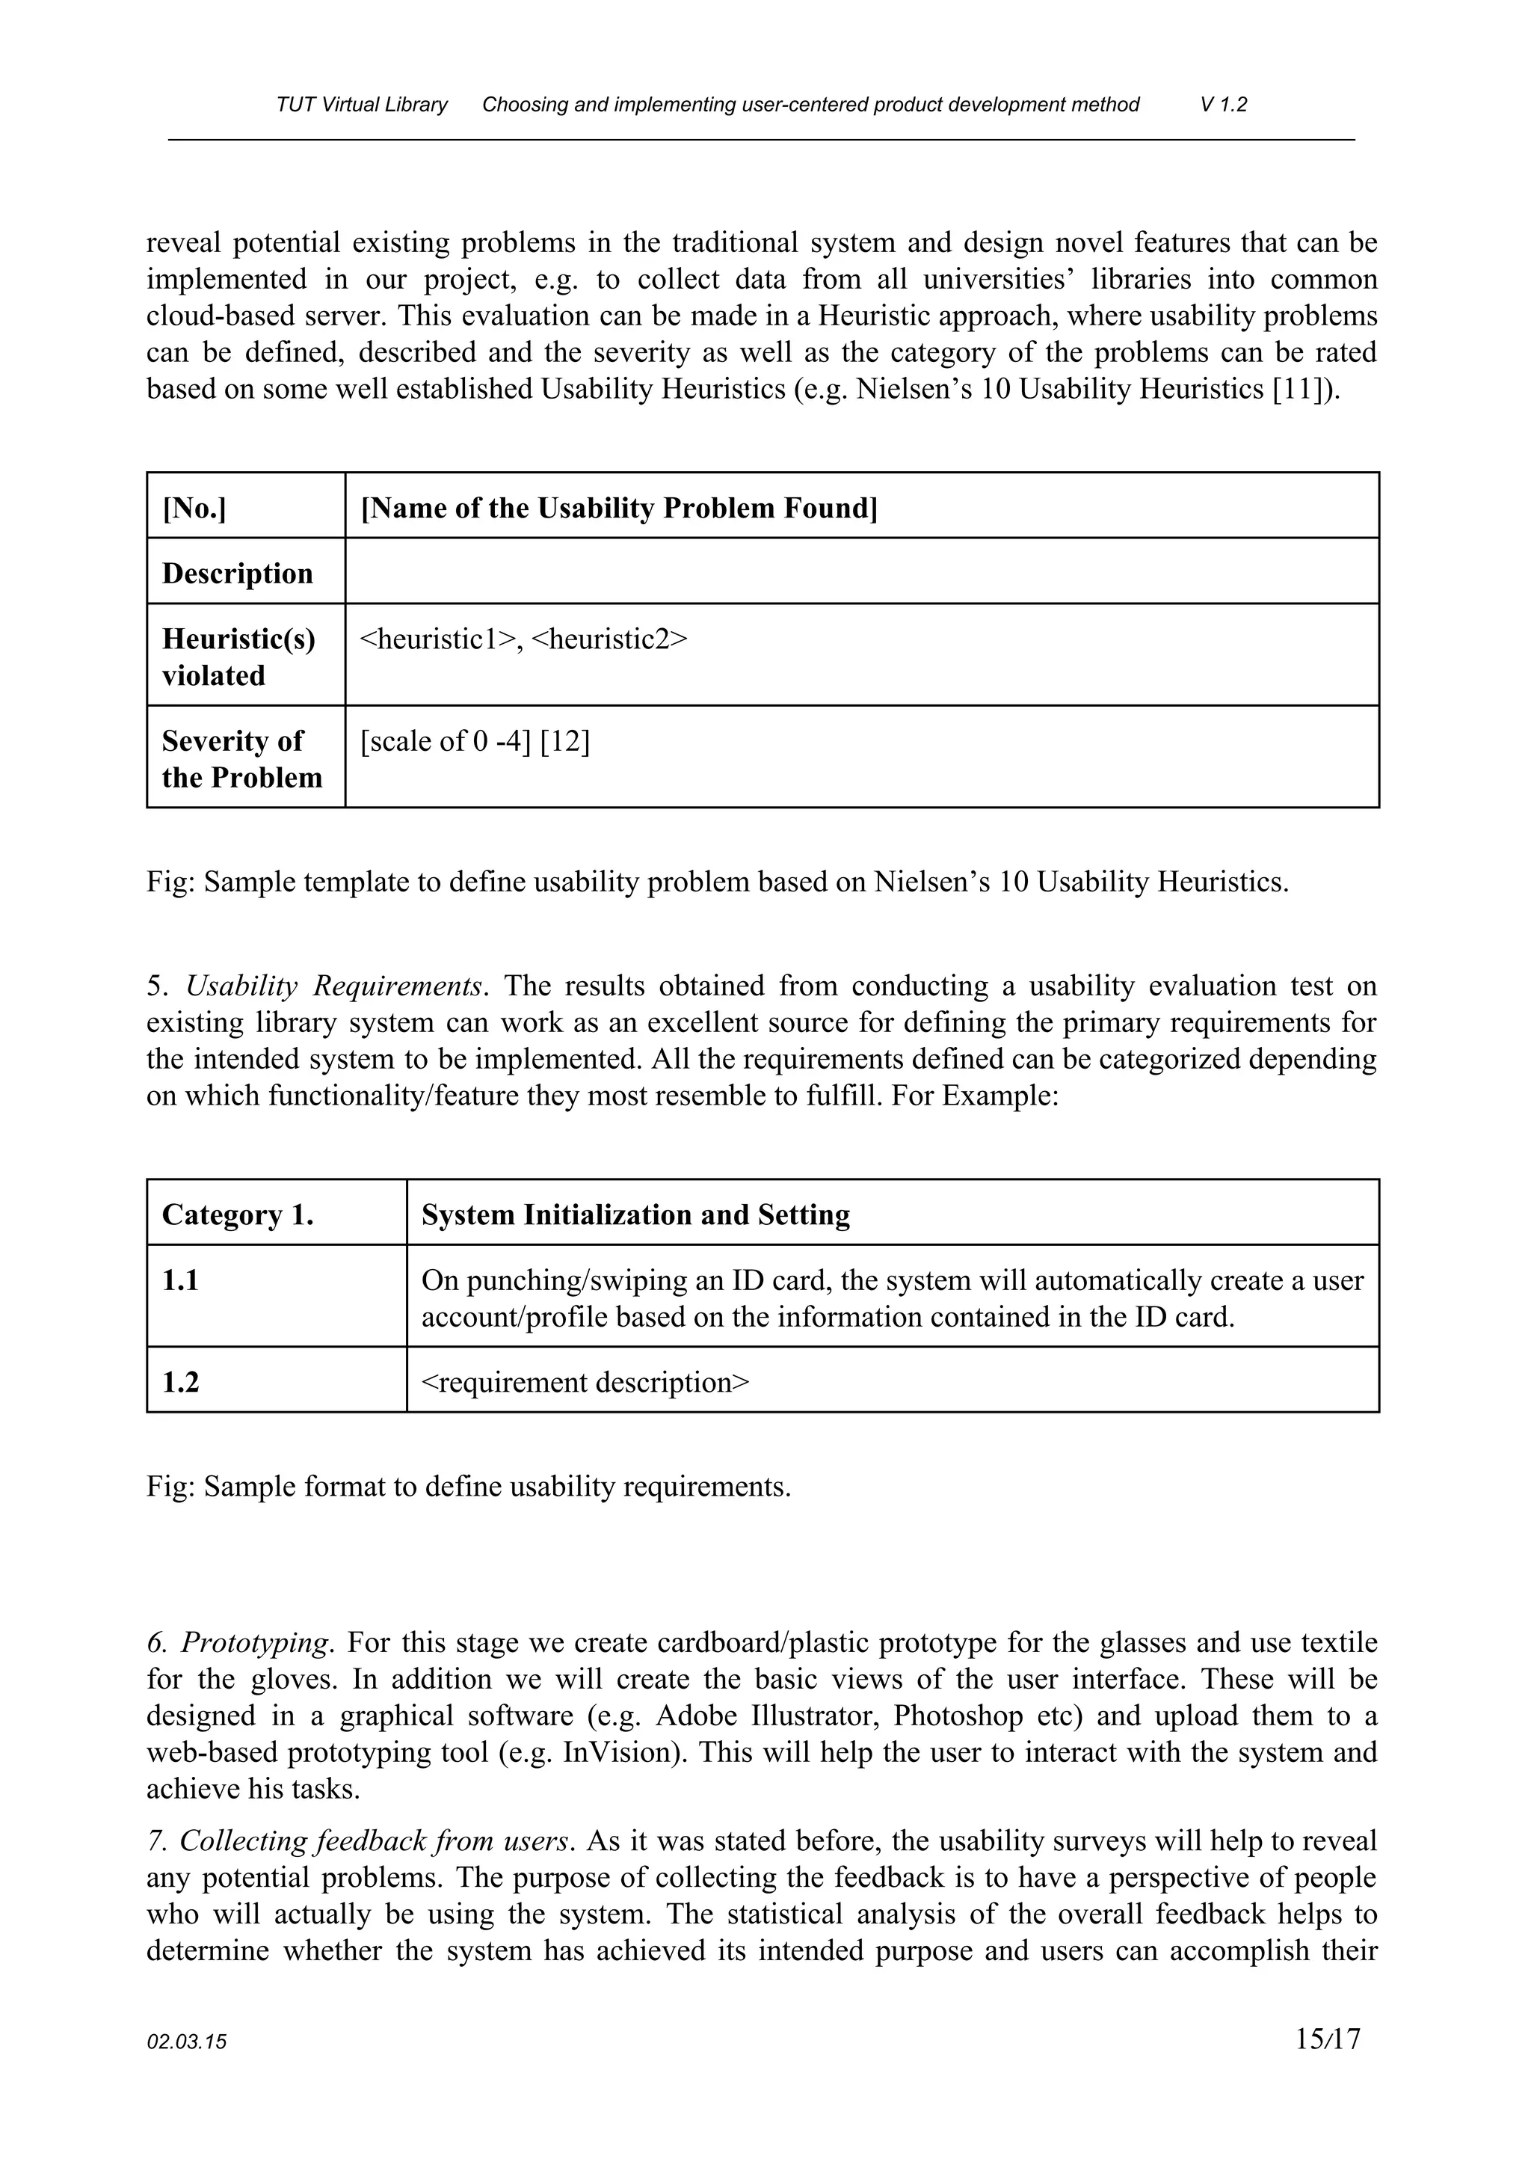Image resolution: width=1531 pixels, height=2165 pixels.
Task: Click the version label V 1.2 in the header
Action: click(1223, 105)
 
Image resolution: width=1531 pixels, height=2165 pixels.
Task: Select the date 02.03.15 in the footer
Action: click(187, 2043)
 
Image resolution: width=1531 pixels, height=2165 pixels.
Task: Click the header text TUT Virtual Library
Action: click(362, 105)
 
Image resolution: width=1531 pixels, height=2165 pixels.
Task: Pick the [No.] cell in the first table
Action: click(194, 509)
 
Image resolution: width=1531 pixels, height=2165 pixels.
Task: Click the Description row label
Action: click(238, 574)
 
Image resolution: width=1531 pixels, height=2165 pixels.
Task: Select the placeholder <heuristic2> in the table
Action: click(609, 639)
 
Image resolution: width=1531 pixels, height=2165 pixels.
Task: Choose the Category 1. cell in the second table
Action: click(238, 1214)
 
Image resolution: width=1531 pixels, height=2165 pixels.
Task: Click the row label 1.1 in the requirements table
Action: click(180, 1280)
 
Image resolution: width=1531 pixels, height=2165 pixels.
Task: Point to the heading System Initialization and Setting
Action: click(635, 1214)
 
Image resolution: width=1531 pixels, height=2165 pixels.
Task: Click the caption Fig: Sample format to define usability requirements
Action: click(469, 1487)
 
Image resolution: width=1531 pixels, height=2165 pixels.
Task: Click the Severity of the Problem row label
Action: click(241, 759)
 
